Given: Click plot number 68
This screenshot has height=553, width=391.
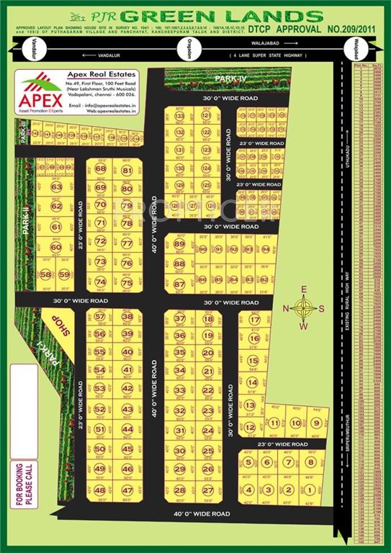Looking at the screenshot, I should pos(100,168).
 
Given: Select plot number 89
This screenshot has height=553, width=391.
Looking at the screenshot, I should pos(179,244).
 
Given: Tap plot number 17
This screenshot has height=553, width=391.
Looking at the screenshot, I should pos(253,319).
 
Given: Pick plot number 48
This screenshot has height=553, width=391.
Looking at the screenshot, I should pos(100,490).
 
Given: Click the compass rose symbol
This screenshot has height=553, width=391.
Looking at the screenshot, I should pos(305,308).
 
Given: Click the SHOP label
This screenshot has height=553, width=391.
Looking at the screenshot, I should pos(63,328).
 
